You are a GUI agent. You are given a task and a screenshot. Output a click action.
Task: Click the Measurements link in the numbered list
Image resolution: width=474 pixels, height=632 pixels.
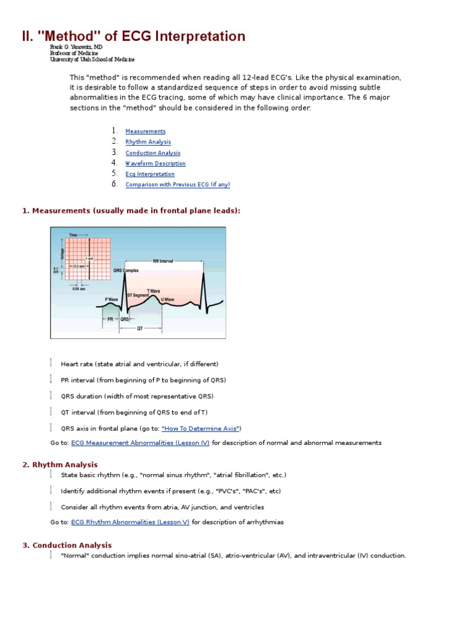(x=145, y=131)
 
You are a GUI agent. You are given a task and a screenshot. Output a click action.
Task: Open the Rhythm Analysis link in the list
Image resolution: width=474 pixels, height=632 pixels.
(x=148, y=142)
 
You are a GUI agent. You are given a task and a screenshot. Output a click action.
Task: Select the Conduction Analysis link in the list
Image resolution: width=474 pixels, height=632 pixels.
(x=152, y=153)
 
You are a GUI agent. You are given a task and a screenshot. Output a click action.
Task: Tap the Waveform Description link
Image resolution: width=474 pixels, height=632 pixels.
(x=155, y=164)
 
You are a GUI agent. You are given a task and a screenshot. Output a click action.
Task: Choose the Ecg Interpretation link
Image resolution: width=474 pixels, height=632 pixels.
(x=149, y=174)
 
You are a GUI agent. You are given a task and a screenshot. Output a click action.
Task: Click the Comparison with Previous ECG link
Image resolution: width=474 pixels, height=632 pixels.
(x=177, y=185)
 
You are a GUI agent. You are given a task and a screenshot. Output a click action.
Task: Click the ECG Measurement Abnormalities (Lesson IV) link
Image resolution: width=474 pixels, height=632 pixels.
(x=140, y=443)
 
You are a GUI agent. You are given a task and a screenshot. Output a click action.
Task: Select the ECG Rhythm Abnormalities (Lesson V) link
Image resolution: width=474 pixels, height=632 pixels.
(x=130, y=522)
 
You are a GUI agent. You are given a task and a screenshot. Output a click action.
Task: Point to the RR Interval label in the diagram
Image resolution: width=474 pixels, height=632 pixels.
(x=164, y=262)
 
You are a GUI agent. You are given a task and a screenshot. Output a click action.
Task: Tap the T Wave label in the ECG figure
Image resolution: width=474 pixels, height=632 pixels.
(x=153, y=291)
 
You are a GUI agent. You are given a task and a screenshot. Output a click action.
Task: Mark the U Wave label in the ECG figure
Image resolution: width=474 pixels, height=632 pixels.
(x=167, y=299)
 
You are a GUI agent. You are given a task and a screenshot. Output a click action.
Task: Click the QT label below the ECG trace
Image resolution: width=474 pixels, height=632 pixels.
(x=140, y=329)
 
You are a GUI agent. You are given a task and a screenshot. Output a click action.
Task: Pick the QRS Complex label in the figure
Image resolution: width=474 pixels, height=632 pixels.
(x=126, y=270)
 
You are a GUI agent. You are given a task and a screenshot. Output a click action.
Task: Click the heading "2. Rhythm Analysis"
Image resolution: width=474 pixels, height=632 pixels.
(x=60, y=465)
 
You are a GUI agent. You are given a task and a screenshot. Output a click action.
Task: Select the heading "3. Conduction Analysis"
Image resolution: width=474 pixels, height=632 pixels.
(x=67, y=545)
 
